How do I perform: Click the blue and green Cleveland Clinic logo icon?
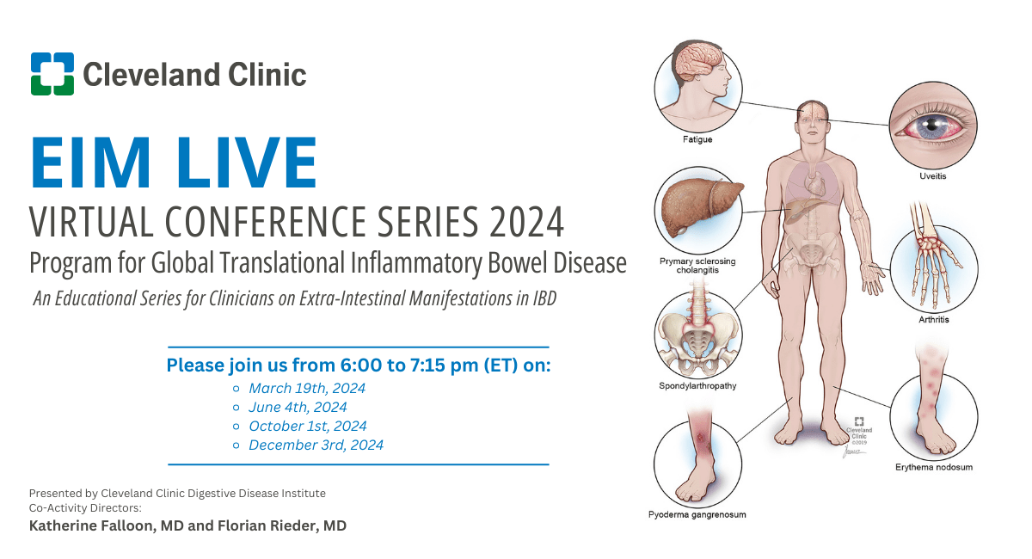point(52,74)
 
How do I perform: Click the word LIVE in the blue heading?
point(247,163)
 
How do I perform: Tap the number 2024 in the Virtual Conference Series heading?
point(526,222)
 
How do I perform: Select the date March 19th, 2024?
point(307,388)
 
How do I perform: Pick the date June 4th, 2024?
point(298,407)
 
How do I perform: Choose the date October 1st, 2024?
point(308,426)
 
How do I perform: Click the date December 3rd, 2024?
point(316,445)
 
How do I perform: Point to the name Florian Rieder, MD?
point(282,525)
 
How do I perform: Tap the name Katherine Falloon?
point(92,525)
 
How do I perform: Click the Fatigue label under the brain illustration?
point(697,139)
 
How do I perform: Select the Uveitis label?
point(933,176)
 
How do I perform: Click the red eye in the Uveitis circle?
point(932,126)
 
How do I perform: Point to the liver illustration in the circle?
point(700,207)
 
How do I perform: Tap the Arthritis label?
point(934,319)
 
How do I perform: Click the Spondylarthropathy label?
point(697,386)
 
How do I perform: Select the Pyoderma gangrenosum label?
point(697,514)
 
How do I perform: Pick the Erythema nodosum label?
point(934,467)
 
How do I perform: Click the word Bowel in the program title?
point(518,262)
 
